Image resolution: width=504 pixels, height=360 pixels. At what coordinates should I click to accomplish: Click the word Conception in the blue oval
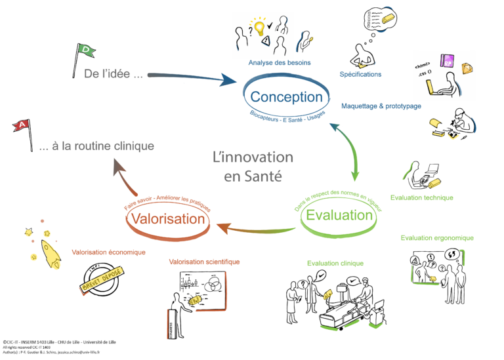coord(286,97)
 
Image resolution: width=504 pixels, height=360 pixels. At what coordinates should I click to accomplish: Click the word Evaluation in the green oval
coord(339,214)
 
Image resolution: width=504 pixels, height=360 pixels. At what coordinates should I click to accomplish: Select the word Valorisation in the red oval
coord(167,218)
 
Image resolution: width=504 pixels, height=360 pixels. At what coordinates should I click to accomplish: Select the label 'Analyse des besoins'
coord(280,63)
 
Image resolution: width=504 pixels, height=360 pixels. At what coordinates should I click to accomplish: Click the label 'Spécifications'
coord(360,75)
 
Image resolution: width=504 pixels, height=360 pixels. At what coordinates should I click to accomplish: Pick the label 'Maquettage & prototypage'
coord(381,106)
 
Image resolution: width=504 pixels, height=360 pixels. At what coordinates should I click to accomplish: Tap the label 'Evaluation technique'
coord(421,197)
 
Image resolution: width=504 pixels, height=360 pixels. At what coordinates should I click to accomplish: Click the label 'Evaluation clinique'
coord(335,264)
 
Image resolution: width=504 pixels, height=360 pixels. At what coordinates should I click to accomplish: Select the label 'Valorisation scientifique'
coord(204,262)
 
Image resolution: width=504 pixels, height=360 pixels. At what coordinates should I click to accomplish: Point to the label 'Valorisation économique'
coord(108,252)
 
